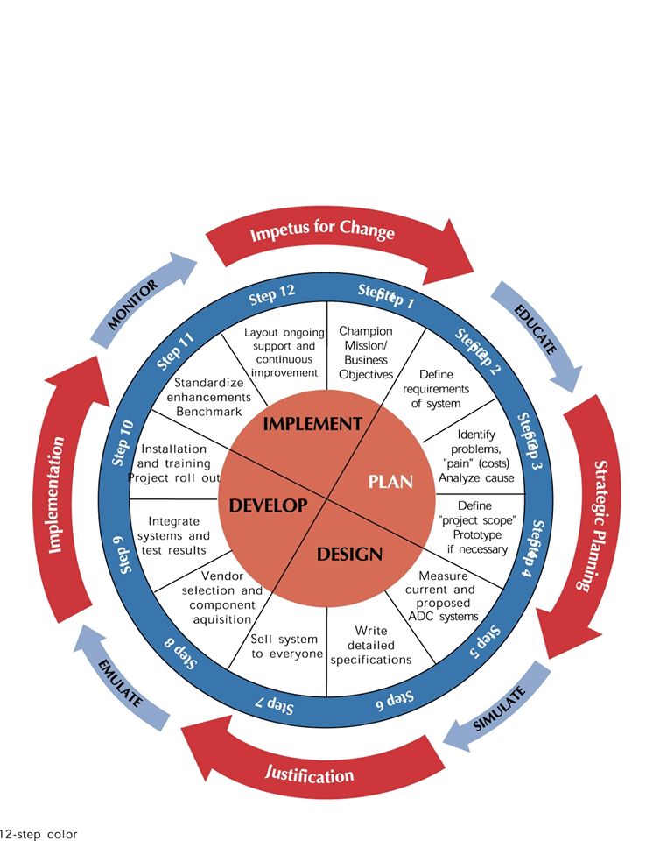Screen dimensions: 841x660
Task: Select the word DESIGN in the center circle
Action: pyautogui.click(x=349, y=554)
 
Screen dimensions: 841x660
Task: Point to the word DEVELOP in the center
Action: pyautogui.click(x=268, y=505)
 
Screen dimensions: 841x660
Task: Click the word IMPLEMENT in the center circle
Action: pyautogui.click(x=312, y=424)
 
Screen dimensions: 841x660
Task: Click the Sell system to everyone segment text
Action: pyautogui.click(x=287, y=647)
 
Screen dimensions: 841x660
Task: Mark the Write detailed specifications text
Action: pyautogui.click(x=371, y=645)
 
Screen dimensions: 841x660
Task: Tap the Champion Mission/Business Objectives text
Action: pyautogui.click(x=366, y=352)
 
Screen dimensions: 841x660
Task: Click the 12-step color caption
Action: pyautogui.click(x=39, y=833)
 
